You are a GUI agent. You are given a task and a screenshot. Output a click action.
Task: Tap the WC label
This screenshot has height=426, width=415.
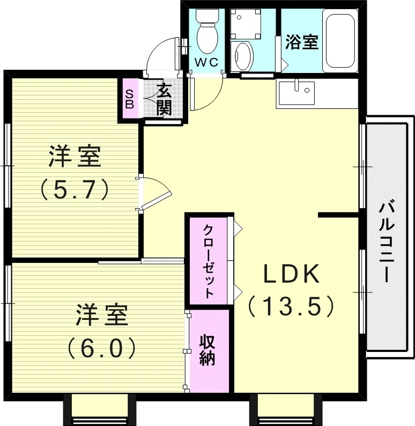206,62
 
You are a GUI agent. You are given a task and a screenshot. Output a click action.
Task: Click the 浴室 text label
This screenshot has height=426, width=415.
301,42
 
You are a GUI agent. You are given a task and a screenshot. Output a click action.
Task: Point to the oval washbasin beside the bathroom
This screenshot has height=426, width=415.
244,56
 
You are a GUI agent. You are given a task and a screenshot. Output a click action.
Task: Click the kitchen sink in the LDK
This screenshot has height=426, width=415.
297,93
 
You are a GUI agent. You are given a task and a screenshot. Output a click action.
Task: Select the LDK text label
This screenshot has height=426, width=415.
291,274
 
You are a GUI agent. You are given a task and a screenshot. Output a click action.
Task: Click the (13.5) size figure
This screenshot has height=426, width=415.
291,306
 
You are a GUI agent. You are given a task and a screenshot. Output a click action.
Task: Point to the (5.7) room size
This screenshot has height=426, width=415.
75,188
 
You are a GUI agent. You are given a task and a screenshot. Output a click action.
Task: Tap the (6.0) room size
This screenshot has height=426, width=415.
101,349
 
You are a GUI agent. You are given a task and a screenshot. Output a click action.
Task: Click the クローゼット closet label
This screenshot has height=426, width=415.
208,261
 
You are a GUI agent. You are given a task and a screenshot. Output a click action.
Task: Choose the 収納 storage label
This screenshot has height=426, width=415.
207,350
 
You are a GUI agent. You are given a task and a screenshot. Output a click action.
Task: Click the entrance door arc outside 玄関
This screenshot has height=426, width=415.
162,54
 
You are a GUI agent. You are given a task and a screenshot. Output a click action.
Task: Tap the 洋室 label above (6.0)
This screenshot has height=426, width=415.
101,315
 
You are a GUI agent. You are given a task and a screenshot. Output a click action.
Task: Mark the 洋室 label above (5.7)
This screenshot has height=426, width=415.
75,156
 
